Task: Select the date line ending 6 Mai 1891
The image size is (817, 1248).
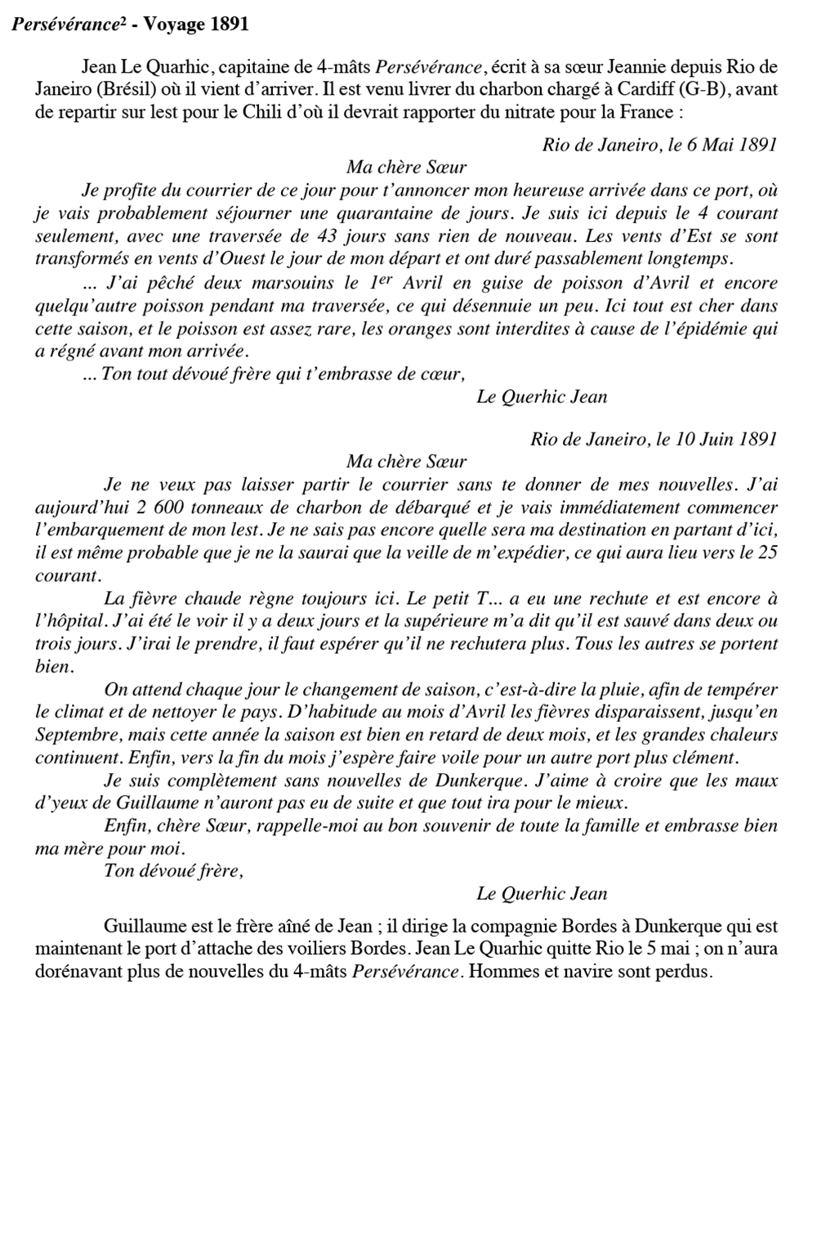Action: [659, 145]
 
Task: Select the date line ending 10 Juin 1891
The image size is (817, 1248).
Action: [653, 438]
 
